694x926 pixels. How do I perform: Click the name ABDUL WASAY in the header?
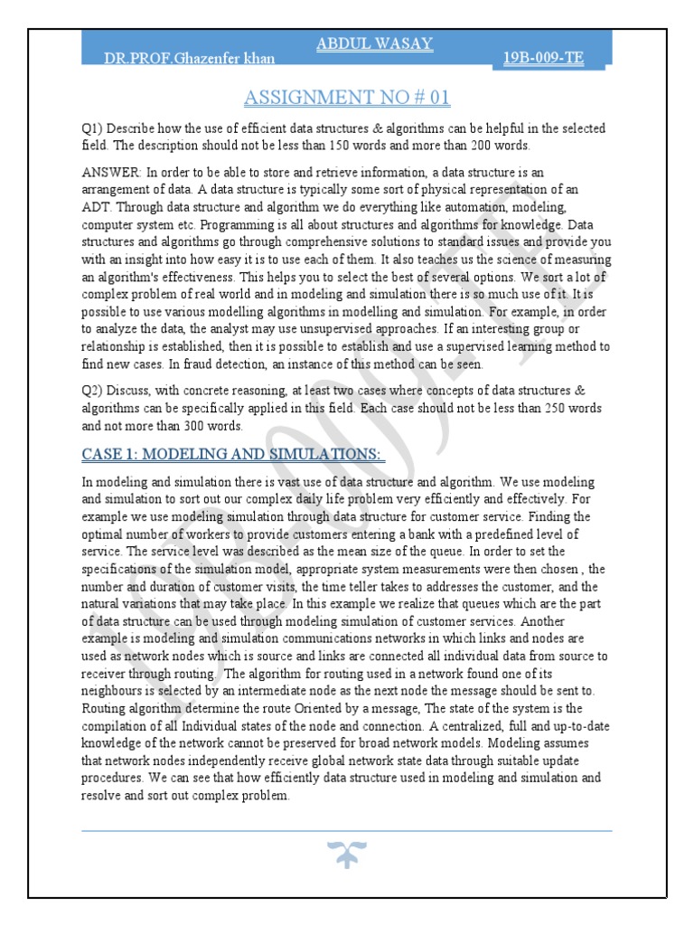coord(373,43)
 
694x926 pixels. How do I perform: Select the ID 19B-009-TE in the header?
coord(543,59)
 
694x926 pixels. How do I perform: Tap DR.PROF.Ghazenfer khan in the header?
coord(189,59)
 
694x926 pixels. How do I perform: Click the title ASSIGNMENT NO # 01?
coord(347,97)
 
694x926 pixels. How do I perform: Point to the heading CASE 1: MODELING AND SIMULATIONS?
coord(233,453)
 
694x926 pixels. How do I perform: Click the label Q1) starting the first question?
coord(92,129)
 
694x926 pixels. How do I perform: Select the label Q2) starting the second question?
coord(92,391)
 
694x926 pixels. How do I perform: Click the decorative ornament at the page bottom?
coord(347,853)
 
